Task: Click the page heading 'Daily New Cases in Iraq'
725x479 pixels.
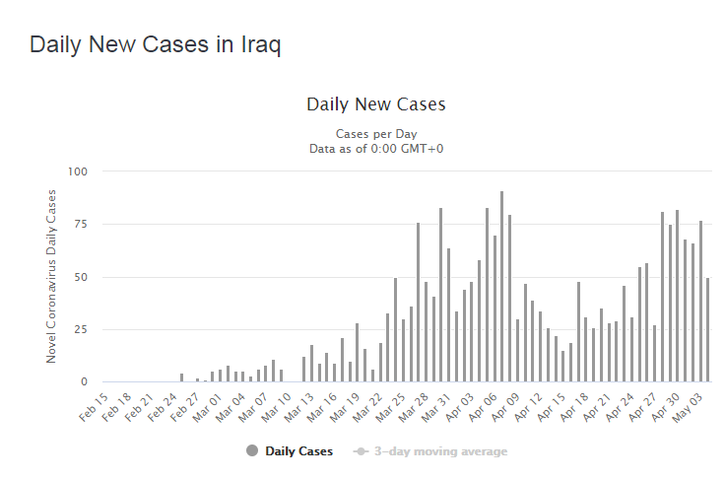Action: pos(155,45)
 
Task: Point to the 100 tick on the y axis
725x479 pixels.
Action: pos(78,171)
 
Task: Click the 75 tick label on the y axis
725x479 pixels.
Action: pos(81,224)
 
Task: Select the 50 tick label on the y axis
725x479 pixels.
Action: pos(81,277)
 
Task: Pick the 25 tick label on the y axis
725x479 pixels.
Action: pos(81,329)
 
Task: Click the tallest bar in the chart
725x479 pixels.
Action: pos(501,286)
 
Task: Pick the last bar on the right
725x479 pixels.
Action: pos(708,329)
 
